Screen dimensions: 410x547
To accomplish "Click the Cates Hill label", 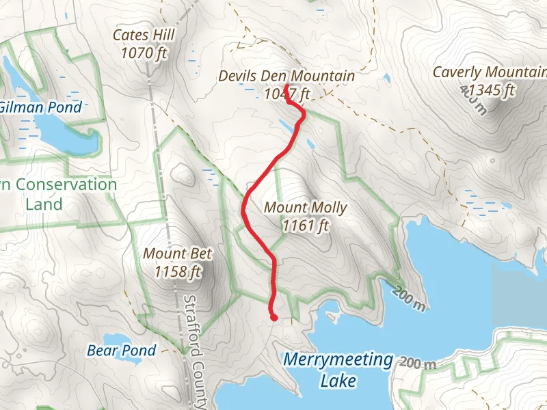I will point(144,34).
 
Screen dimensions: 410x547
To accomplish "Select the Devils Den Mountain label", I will point(286,76).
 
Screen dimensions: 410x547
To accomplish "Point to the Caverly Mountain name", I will point(490,72).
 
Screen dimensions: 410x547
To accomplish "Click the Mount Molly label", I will point(306,208).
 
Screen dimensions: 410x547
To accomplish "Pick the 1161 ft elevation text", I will point(306,225).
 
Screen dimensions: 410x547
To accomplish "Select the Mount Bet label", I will point(178,254).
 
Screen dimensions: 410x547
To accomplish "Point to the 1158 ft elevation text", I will point(178,271).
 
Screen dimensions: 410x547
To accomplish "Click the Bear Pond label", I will point(122,351).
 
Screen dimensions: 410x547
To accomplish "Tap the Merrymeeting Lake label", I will point(338,369).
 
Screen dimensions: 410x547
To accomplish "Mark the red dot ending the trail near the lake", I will point(273,317).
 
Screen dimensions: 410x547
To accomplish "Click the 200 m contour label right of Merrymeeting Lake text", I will point(418,363).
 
